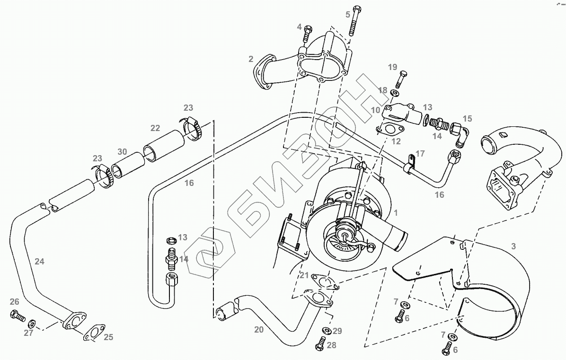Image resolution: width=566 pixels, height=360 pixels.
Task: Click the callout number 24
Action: click(39, 261)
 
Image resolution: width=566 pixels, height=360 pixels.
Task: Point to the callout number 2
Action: click(251, 59)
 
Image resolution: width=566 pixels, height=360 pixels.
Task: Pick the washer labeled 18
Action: click(395, 93)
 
